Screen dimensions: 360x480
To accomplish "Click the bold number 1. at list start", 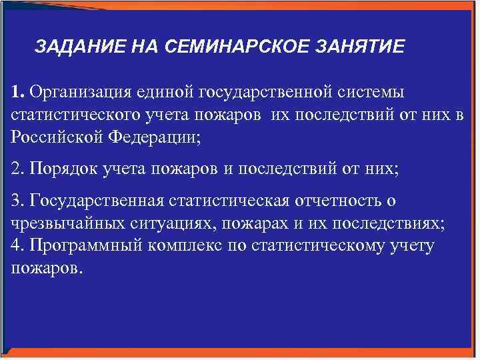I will (18, 90).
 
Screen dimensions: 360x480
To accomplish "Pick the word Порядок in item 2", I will (62, 169).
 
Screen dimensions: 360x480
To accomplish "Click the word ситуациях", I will (157, 223).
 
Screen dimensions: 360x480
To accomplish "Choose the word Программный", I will (79, 246).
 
